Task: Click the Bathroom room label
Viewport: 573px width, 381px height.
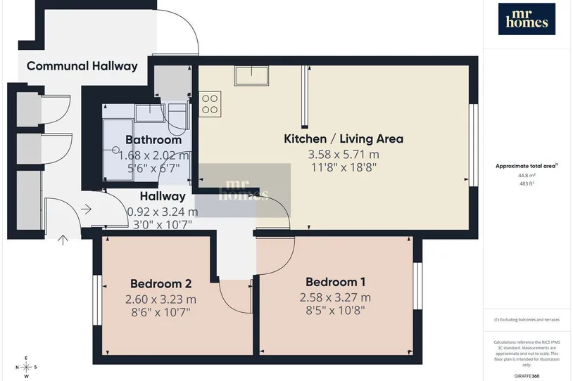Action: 153,139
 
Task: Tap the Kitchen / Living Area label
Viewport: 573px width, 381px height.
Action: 344,138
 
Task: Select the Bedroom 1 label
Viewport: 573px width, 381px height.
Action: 336,282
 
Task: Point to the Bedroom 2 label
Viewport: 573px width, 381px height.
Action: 160,283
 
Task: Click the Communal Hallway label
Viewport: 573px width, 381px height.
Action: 82,66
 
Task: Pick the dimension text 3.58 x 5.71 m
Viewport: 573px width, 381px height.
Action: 344,155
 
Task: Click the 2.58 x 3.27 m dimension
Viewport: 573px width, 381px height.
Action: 336,297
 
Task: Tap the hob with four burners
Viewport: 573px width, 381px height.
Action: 210,104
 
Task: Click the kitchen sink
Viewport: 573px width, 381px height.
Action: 251,75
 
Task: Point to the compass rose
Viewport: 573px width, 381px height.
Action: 26,367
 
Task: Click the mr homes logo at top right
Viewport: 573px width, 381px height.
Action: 527,19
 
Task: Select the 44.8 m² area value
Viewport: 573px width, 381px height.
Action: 527,175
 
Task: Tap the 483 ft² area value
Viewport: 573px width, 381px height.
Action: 527,183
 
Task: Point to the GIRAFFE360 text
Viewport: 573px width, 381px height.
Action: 527,376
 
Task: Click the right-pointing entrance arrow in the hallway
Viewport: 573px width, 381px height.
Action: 87,209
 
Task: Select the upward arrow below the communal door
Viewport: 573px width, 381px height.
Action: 63,240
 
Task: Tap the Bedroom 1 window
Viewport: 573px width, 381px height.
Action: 417,285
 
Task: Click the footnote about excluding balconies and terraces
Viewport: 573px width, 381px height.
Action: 527,320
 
